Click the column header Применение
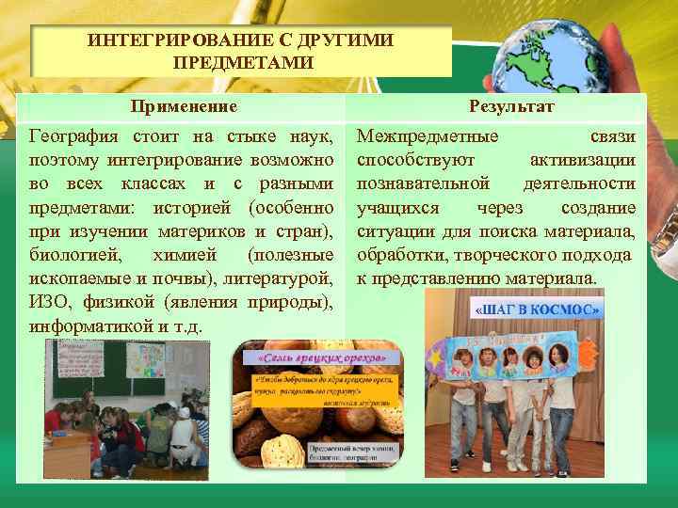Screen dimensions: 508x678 click(x=183, y=107)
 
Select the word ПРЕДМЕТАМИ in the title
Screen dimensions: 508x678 click(x=243, y=62)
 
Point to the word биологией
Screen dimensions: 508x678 click(x=71, y=255)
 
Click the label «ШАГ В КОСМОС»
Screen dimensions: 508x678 click(x=539, y=310)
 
